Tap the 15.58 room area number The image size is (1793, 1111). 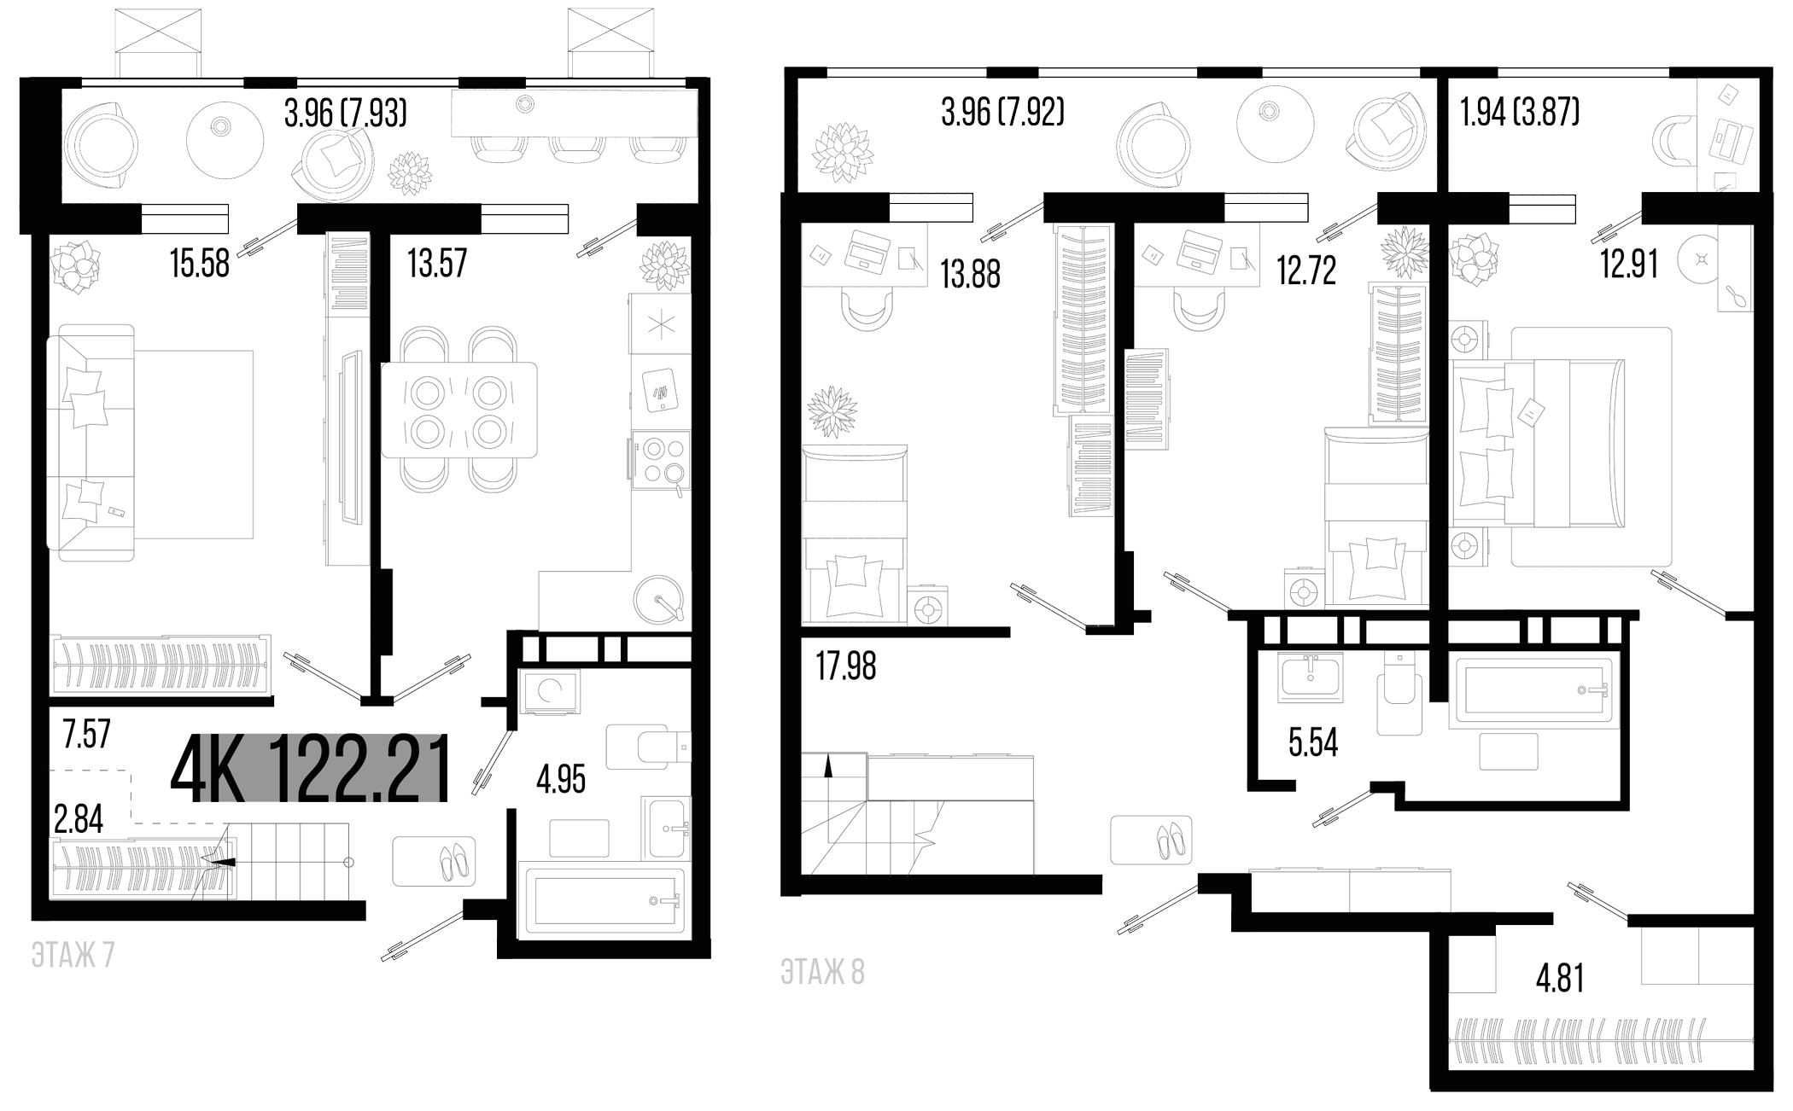coord(200,263)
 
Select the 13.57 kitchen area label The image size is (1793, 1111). coord(437,263)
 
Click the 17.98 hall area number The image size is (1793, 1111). coord(846,666)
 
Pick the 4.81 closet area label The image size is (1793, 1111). coord(1560,978)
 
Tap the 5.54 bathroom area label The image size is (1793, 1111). coord(1313,743)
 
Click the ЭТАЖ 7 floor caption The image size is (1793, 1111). coord(73,956)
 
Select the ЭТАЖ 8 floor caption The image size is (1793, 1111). coord(823,973)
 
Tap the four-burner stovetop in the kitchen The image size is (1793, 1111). coord(660,462)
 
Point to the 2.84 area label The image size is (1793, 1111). coord(79,819)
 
